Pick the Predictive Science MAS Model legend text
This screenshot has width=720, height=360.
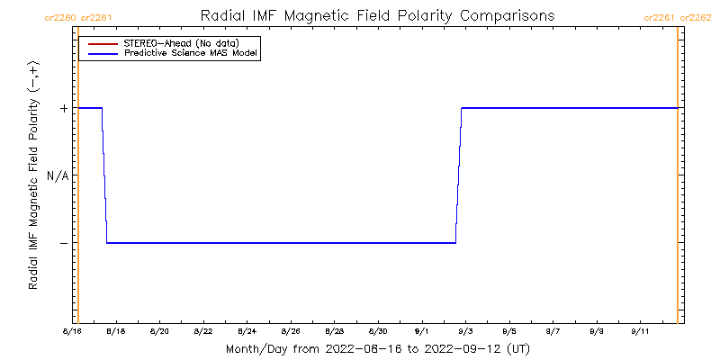191,54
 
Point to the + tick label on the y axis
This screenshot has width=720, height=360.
64,108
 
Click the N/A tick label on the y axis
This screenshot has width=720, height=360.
58,175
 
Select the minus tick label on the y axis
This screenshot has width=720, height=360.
64,243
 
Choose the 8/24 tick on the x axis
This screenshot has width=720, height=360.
247,331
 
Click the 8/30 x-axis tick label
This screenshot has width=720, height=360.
379,331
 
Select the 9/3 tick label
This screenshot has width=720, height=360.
466,331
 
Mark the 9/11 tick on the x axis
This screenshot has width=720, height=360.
641,331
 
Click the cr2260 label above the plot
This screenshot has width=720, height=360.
59,17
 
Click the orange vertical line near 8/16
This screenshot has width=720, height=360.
78,180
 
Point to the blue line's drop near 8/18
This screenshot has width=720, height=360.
104,175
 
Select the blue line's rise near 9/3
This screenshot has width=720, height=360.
458,175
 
